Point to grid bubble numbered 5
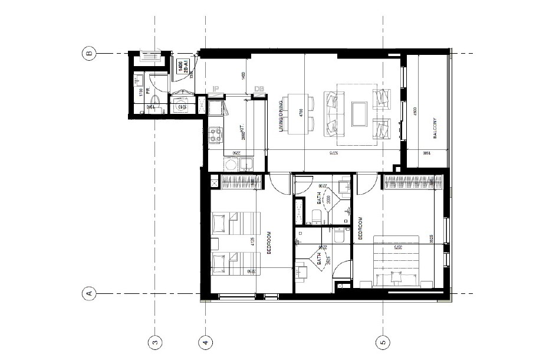pos(383,342)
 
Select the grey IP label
pos(216,89)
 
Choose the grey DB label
pos(259,89)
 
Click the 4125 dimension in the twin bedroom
pos(253,242)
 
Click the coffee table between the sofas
pos(358,113)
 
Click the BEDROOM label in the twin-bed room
pos(269,243)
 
